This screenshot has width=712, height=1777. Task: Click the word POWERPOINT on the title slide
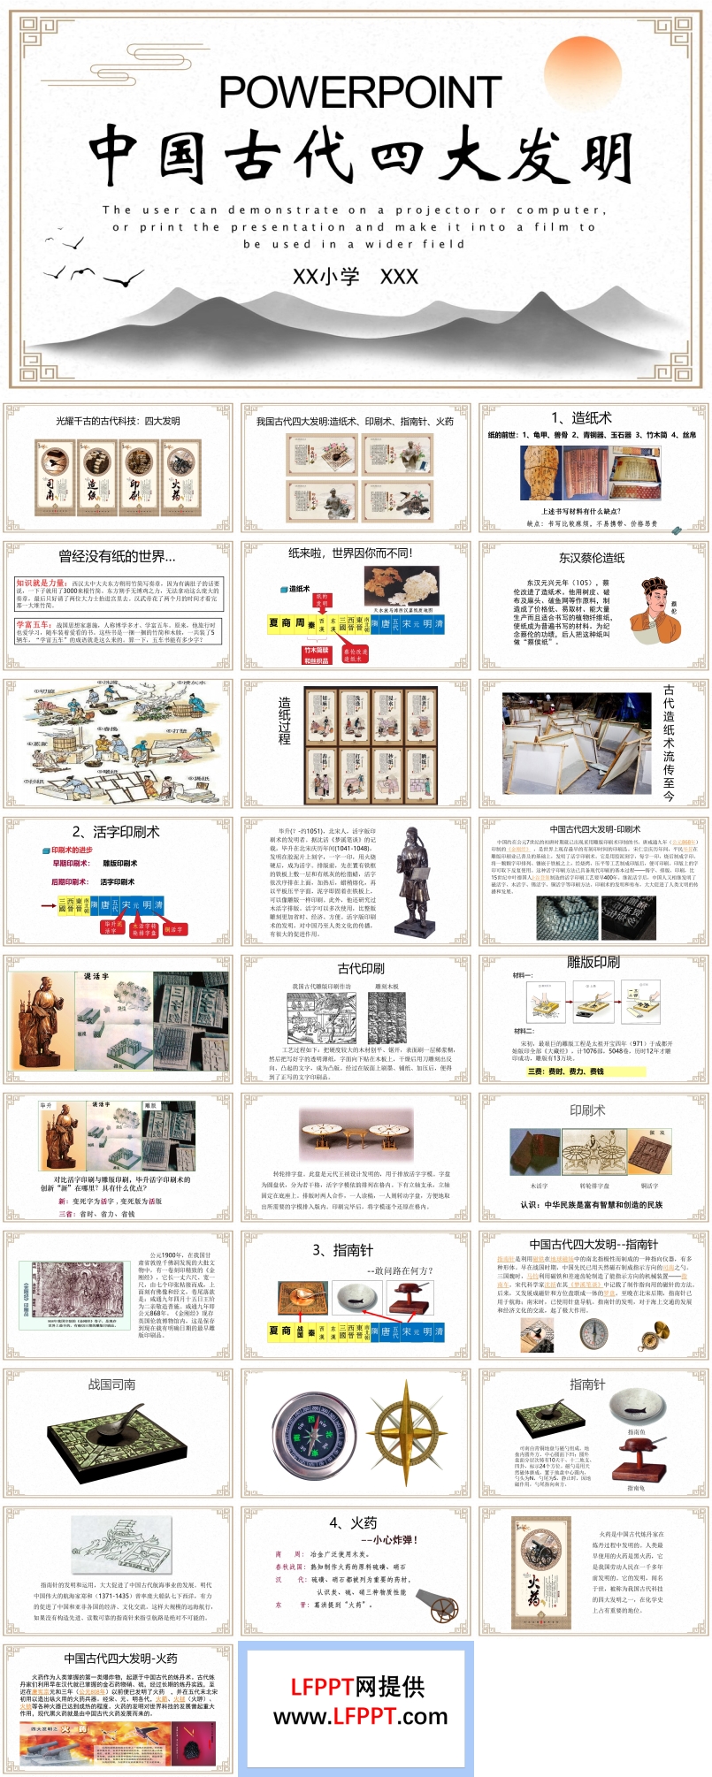pos(360,92)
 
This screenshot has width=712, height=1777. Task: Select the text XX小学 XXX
pos(356,277)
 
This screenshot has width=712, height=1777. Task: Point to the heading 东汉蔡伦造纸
pos(592,558)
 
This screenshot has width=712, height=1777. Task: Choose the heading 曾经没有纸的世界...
pos(117,556)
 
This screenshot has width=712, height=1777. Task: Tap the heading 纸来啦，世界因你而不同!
pos(350,553)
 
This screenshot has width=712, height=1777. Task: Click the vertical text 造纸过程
pos(284,721)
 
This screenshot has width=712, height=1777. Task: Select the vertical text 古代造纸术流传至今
pos(669,743)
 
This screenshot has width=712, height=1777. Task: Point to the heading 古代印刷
pos(361,968)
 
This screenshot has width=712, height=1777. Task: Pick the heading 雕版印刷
pos(593,963)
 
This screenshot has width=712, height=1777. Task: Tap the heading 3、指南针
pos(342,1250)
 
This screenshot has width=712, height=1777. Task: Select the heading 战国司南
pos(111,1384)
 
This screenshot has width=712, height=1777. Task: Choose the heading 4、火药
pos(353,1522)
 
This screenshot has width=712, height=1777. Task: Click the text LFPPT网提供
pos(356,1687)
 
